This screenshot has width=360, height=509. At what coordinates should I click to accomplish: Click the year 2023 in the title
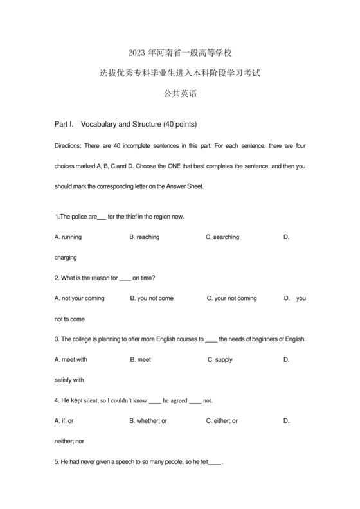point(138,53)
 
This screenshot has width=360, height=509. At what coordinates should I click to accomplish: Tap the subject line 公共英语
point(180,94)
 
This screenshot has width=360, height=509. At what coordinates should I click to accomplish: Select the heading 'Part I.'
point(65,123)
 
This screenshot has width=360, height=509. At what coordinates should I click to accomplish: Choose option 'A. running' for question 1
point(68,237)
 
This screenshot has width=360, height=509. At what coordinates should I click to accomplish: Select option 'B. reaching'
point(145,237)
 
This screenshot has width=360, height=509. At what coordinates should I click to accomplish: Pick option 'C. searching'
point(222,237)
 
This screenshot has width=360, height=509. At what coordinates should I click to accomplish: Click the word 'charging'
point(66,258)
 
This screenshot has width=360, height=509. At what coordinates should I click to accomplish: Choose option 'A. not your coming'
point(80,298)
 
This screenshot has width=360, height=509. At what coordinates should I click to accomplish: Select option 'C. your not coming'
point(232,298)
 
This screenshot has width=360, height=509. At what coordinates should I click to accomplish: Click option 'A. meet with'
point(71,360)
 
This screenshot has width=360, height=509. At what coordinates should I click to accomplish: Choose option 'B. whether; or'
point(148,421)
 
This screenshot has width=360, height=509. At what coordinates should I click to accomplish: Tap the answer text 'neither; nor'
point(69,442)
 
